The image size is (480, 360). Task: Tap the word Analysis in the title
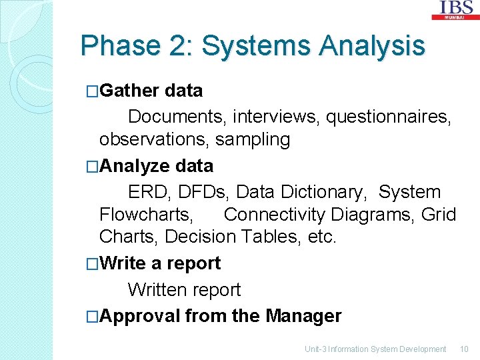[x=371, y=46]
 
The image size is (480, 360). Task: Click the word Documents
[x=177, y=117]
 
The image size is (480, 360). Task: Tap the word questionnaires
[x=389, y=117]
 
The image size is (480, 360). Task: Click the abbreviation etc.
[x=321, y=237]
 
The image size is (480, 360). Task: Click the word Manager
[x=303, y=316]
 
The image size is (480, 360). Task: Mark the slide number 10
[x=464, y=349]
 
